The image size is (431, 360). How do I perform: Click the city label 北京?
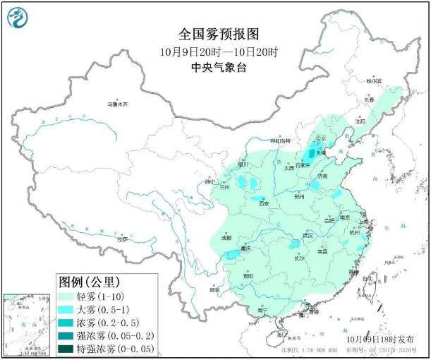pyautogui.click(x=321, y=138)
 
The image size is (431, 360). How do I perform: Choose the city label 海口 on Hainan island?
pyautogui.click(x=282, y=333)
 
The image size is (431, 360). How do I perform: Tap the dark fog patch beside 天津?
pyautogui.click(x=311, y=152)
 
